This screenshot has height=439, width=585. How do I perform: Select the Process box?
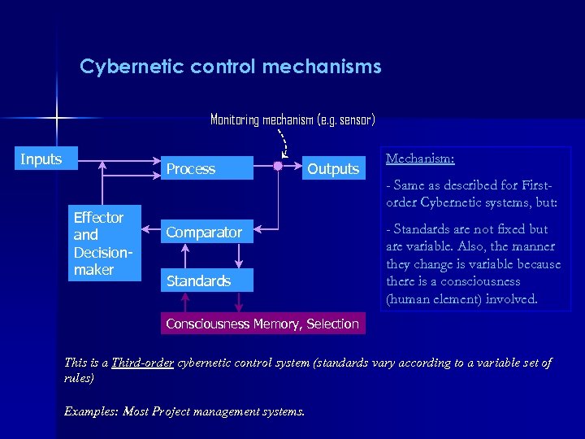[x=207, y=168]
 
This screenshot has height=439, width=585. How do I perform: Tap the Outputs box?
[x=333, y=168]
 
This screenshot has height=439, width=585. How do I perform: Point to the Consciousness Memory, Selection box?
[x=262, y=324]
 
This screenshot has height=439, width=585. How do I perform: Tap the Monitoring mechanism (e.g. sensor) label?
[x=292, y=120]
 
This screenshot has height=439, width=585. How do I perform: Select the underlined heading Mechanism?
[x=420, y=159]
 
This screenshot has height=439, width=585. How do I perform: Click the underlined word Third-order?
[x=143, y=363]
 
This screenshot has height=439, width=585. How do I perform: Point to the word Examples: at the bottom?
[x=90, y=411]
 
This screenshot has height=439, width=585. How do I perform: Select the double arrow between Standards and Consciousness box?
[x=238, y=302]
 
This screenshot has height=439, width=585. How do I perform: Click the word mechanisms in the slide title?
[x=322, y=66]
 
